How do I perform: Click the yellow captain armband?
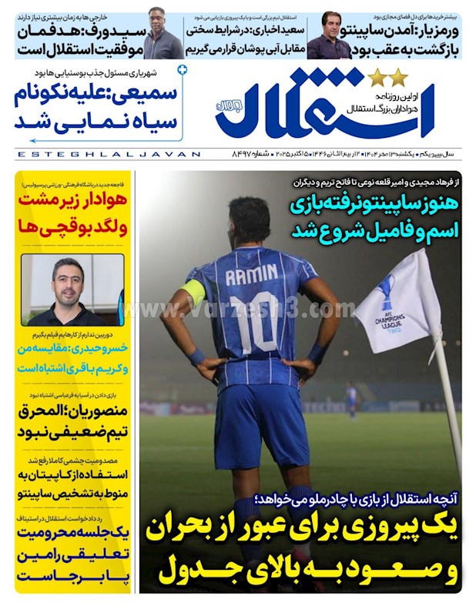click(x=194, y=293)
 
